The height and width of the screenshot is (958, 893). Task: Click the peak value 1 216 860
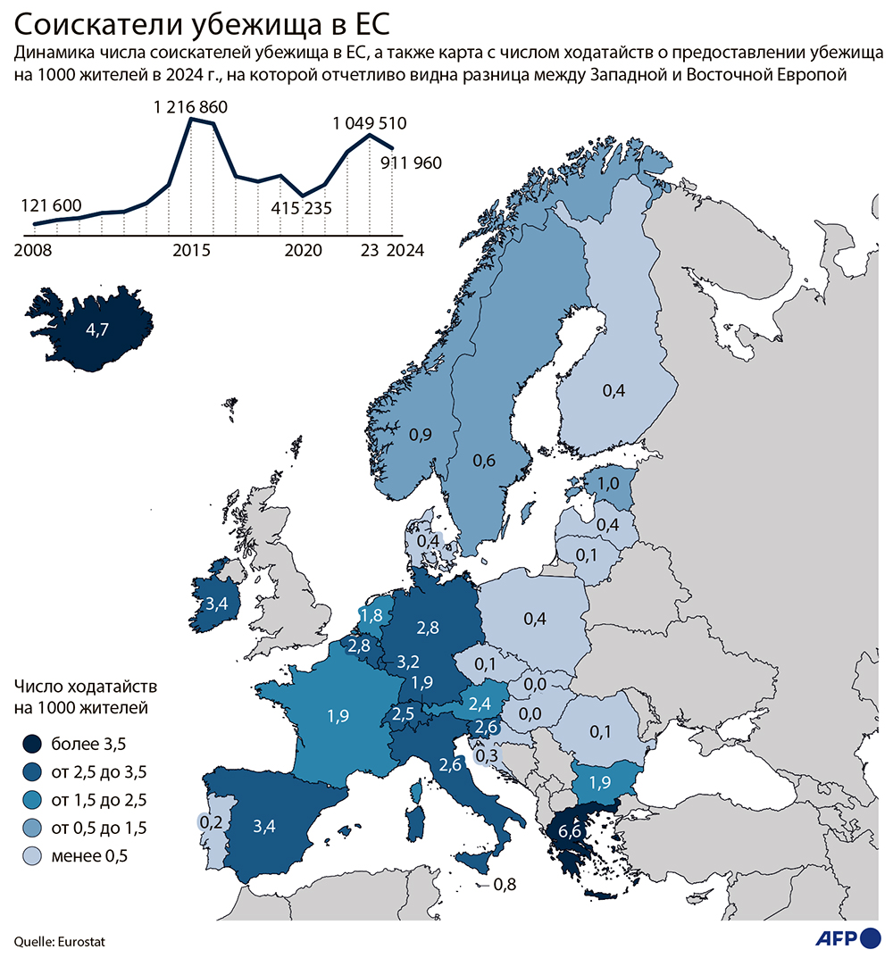(x=190, y=108)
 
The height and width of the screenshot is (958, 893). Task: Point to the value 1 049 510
(x=371, y=123)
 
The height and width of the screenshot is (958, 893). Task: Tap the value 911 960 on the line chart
(x=405, y=163)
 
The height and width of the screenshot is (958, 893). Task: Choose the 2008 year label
(x=33, y=251)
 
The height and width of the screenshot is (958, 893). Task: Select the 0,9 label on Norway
(x=420, y=435)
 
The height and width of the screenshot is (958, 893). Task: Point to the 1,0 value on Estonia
(x=608, y=483)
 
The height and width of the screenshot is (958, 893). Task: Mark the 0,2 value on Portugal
(x=211, y=821)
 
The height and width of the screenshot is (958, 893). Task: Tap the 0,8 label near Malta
(x=505, y=885)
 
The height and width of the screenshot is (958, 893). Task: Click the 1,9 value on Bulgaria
(x=600, y=782)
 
